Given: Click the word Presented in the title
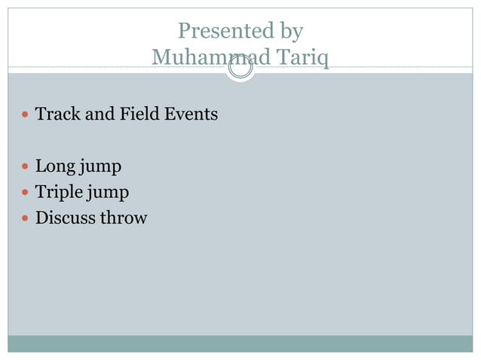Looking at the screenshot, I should [214, 32].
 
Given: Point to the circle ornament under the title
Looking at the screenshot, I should [240, 69].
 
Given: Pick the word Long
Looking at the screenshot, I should [56, 166].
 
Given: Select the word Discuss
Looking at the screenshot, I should [66, 218].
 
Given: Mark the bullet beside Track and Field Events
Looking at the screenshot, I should [26, 115].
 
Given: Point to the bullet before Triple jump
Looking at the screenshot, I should [26, 193].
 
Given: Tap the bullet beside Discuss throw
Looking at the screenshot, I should [26, 219].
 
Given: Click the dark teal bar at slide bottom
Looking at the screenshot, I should [240, 343].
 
